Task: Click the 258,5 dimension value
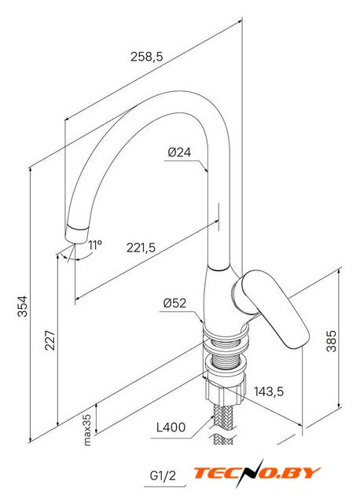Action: [147, 57]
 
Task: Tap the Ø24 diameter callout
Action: [179, 152]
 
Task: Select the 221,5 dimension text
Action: [141, 248]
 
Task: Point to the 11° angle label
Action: [95, 245]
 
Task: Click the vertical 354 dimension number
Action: [23, 306]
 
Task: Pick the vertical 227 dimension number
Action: [50, 340]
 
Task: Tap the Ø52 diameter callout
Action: [174, 303]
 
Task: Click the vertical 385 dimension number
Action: [332, 341]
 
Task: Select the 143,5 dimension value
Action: [269, 391]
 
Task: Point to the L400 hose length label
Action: [171, 428]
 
